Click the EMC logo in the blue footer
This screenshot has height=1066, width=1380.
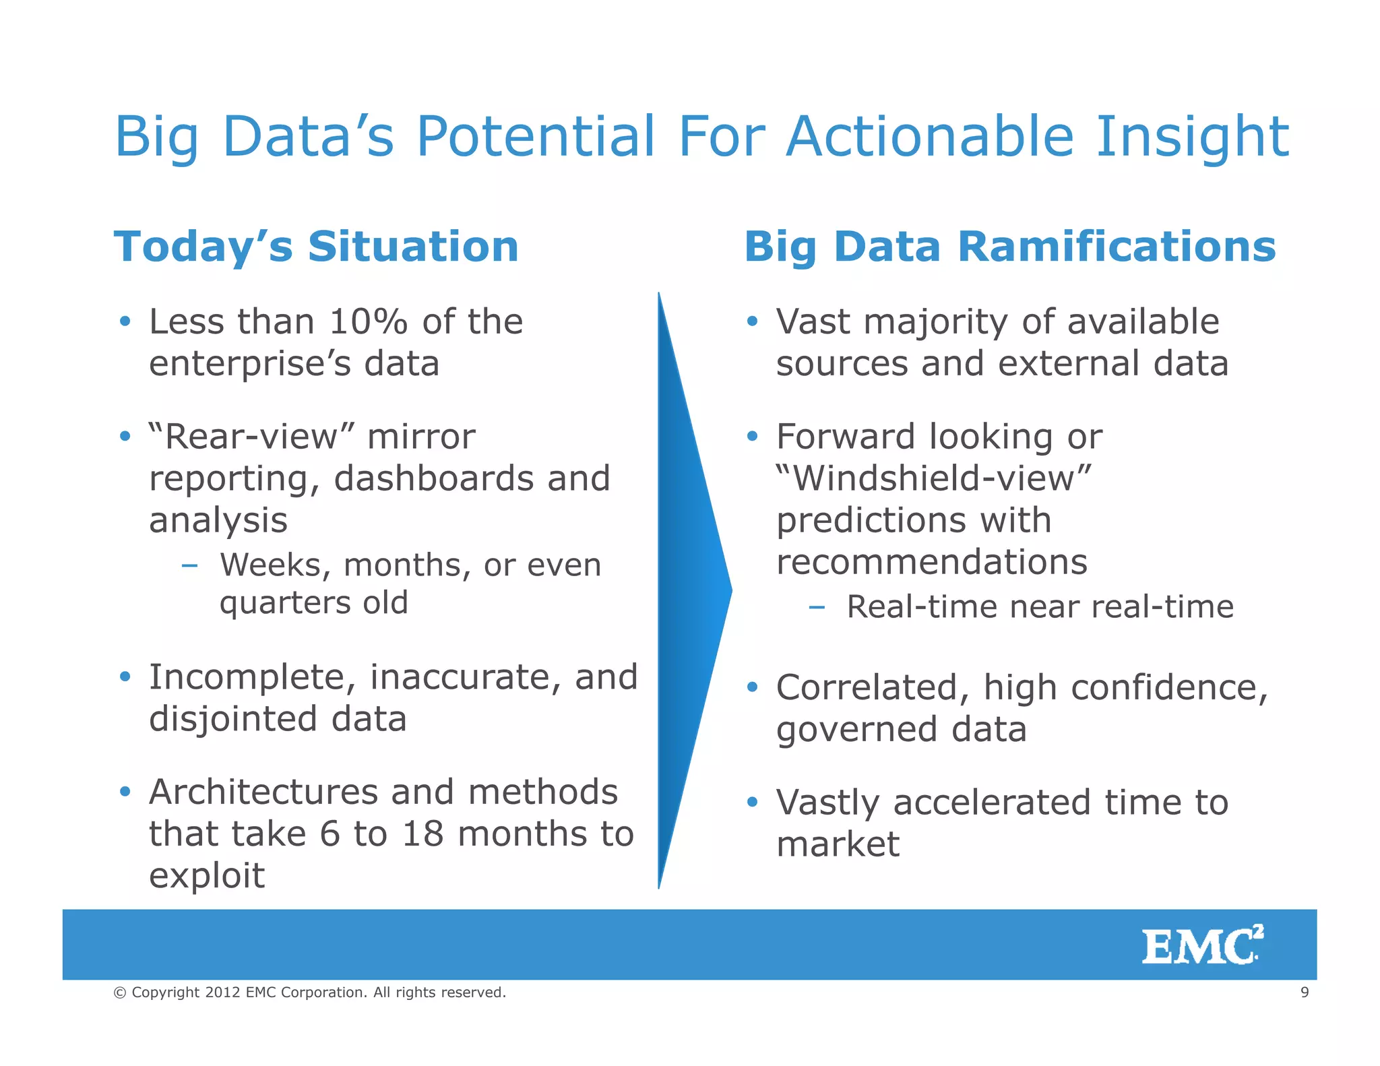(1201, 945)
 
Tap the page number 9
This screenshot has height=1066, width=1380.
(1305, 992)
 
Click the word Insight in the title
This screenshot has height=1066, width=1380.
(1192, 137)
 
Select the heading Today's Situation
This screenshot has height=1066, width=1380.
(316, 247)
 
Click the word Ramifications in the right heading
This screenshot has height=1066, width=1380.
(1117, 247)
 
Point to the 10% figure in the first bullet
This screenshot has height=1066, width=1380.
(369, 321)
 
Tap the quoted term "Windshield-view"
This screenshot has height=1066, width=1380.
(933, 479)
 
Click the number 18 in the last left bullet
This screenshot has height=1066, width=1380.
(422, 834)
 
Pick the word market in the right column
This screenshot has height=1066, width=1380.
(838, 844)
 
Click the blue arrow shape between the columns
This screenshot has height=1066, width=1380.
(691, 590)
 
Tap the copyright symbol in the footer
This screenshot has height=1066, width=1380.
(120, 993)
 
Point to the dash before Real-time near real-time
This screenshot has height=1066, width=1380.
(817, 607)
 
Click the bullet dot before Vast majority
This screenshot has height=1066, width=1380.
(752, 321)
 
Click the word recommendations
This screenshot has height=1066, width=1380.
(931, 562)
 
